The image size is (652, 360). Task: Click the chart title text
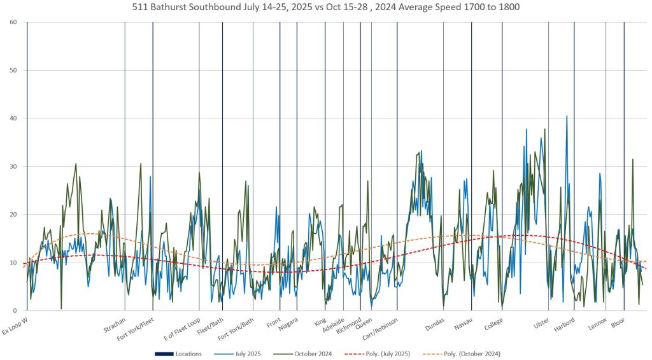tap(325, 8)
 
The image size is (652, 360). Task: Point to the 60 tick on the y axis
tap(13, 22)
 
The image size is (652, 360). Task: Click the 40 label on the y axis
tap(13, 119)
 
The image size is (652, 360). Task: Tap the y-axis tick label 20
tap(13, 215)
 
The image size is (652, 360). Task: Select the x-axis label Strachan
tap(115, 325)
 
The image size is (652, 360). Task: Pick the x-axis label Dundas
tap(436, 324)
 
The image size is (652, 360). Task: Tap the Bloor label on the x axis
tap(618, 322)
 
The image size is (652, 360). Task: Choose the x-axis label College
tap(493, 324)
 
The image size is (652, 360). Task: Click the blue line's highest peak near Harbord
tap(567, 116)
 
